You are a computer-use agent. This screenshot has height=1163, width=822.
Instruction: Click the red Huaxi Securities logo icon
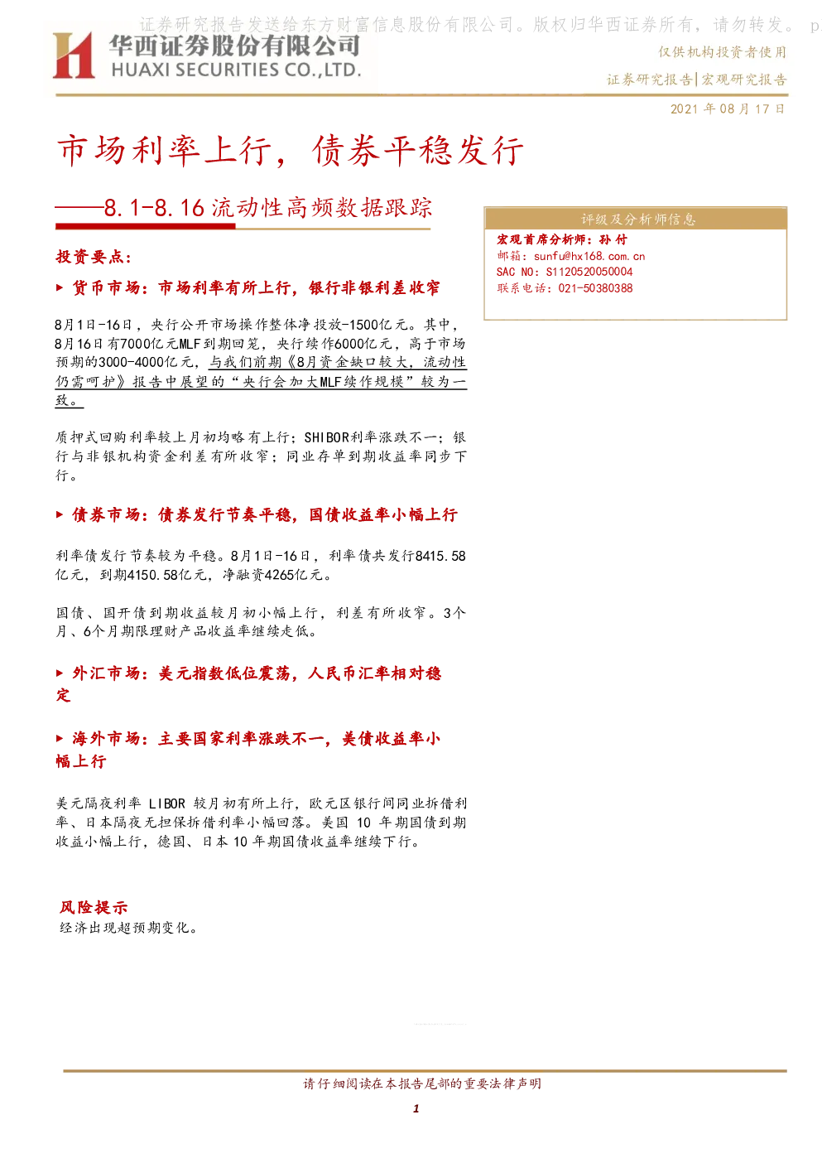coord(74,55)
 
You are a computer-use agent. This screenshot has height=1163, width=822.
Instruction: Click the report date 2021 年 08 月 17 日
coord(727,109)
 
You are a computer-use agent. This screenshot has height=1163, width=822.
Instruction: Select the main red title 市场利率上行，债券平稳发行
coord(290,151)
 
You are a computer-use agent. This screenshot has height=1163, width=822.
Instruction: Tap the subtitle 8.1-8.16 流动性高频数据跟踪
coord(267,208)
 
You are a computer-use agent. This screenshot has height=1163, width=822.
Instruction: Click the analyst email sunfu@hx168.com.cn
coord(589,256)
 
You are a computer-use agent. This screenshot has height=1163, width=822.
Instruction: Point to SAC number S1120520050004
coord(589,272)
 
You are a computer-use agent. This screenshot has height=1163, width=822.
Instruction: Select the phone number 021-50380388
coord(595,288)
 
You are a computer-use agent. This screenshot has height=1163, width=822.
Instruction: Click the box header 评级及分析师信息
coord(637,220)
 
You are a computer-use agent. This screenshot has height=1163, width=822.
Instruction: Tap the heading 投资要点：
coord(94,257)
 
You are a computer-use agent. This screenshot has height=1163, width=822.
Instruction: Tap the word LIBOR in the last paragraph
coord(166,803)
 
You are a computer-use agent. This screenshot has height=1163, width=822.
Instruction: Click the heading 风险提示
coord(94,908)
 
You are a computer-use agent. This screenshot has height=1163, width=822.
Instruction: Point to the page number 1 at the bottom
coord(416,1108)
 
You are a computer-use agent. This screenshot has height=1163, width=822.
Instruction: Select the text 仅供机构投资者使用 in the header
coord(723,52)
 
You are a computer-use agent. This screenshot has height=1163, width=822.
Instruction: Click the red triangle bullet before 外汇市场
coord(60,673)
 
